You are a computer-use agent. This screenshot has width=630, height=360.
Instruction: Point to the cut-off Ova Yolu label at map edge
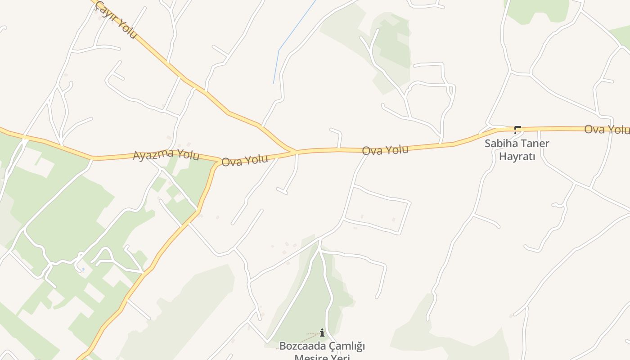point(607,130)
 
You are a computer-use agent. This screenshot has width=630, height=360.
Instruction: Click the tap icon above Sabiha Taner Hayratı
point(517,130)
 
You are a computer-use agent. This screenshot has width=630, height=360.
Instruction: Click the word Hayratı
point(517,157)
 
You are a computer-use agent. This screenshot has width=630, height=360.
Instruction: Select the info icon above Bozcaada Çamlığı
point(322,333)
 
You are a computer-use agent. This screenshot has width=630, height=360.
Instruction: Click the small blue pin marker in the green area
point(83,270)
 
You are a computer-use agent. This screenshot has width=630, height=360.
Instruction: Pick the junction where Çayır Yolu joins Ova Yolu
point(296,152)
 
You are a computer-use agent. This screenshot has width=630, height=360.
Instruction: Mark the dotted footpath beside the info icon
point(306,337)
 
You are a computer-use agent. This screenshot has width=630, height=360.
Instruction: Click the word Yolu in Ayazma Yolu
point(188,155)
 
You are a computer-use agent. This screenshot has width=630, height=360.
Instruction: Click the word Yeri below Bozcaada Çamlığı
point(340,357)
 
